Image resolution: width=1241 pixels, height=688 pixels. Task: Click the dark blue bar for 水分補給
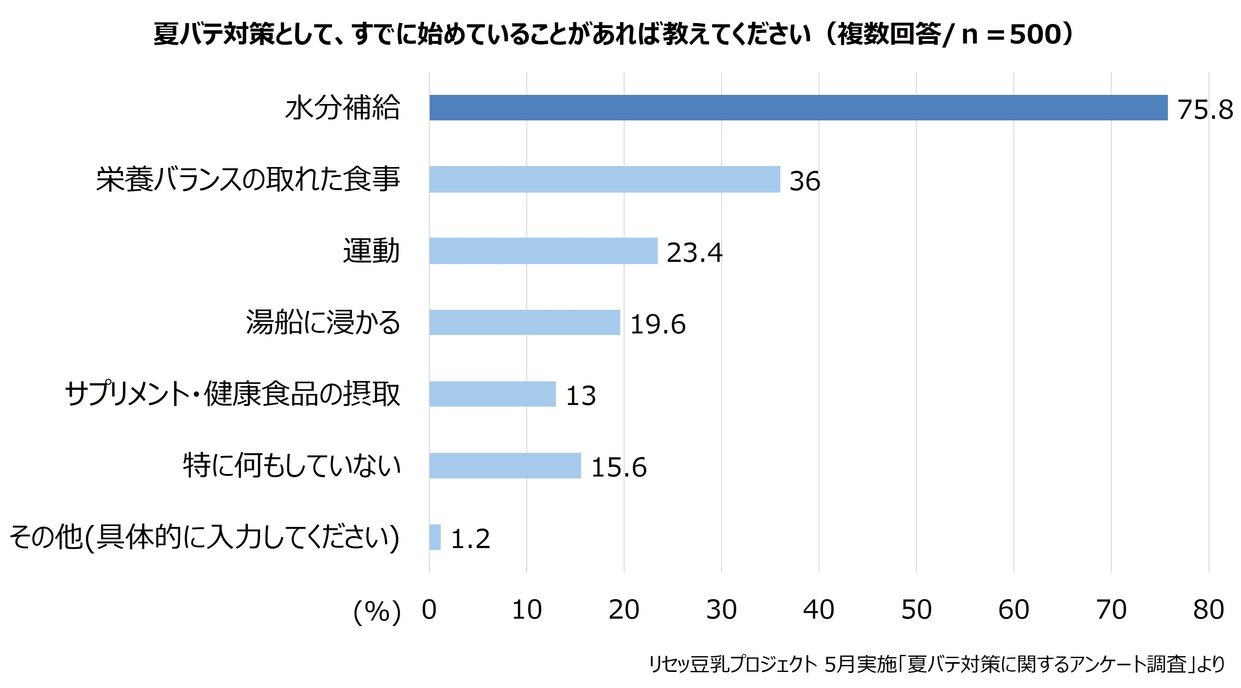[798, 107]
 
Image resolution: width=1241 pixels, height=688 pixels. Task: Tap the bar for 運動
[544, 251]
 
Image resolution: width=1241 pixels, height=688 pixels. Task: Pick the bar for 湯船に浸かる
[525, 322]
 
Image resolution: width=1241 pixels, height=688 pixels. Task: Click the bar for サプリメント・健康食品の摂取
[492, 394]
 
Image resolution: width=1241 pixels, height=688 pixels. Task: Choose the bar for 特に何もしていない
[505, 465]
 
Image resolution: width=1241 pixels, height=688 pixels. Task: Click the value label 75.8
[1205, 110]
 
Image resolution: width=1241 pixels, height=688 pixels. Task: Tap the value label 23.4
[694, 253]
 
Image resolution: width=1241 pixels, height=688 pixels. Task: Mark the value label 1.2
[470, 539]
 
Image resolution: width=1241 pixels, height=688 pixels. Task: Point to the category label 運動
[371, 251]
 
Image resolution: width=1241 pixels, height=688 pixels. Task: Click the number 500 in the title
[1035, 35]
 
